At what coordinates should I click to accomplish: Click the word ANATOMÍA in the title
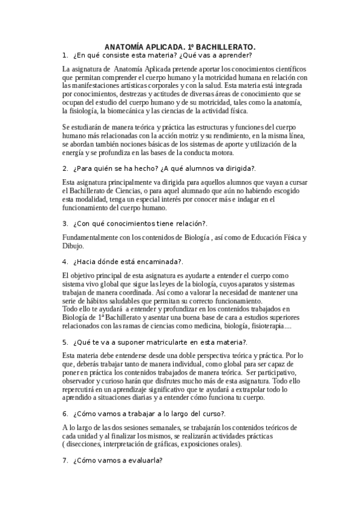pyautogui.click(x=126, y=46)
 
